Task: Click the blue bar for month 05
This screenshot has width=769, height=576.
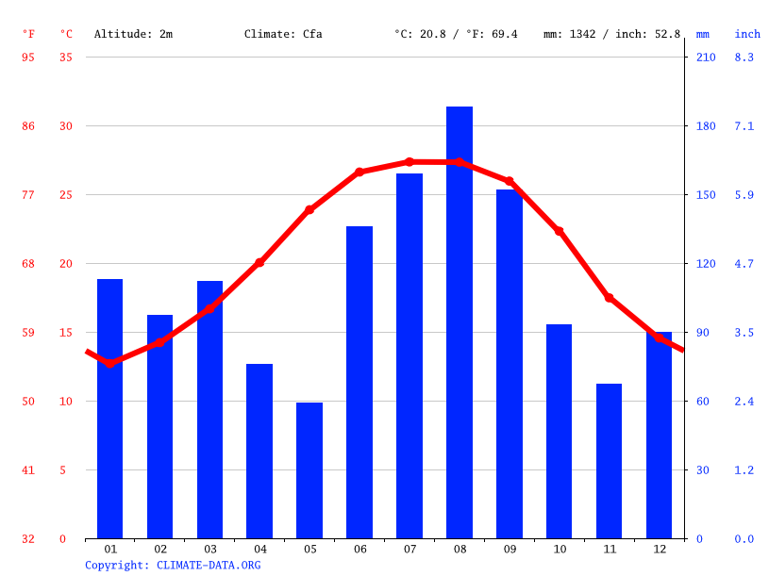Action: click(x=309, y=470)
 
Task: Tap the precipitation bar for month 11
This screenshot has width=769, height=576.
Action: click(x=609, y=461)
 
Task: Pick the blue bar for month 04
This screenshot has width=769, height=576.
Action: click(x=259, y=451)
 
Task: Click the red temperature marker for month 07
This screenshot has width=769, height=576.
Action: click(x=410, y=162)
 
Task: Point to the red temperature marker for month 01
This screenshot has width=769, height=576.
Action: click(x=110, y=363)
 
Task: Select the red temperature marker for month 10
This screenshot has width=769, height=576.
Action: click(x=559, y=231)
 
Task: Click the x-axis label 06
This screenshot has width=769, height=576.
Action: click(x=359, y=549)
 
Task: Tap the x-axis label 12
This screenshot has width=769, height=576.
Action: click(x=659, y=549)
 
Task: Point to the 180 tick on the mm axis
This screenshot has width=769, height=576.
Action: click(x=706, y=126)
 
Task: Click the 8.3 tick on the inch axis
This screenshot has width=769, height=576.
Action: click(x=744, y=58)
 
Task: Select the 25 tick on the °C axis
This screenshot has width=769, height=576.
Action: click(x=66, y=195)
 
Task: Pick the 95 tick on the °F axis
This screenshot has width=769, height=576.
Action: click(x=28, y=58)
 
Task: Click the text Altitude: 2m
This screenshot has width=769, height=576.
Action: click(x=133, y=34)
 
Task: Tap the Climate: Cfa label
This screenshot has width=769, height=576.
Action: click(x=283, y=34)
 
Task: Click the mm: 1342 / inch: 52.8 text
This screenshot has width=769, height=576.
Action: click(x=611, y=34)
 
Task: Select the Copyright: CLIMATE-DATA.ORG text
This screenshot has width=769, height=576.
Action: click(x=173, y=565)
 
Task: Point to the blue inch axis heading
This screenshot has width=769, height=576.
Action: click(x=747, y=34)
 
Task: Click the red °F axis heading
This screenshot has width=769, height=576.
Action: click(x=28, y=34)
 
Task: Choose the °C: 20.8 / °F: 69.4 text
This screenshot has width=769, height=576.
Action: click(x=456, y=34)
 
